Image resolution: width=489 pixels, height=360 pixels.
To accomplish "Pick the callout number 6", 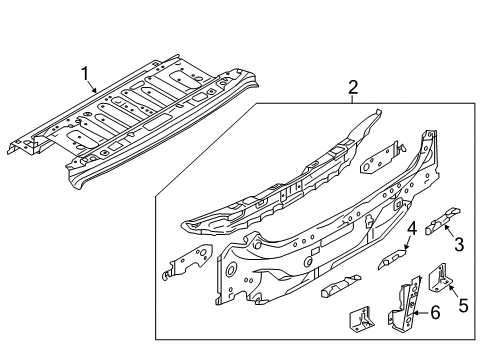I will [433, 313].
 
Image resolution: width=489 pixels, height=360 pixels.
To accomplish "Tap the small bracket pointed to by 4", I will [393, 261].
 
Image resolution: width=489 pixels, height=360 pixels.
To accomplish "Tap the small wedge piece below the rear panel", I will [338, 290].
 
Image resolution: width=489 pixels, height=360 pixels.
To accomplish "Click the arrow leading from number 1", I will [93, 83].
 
